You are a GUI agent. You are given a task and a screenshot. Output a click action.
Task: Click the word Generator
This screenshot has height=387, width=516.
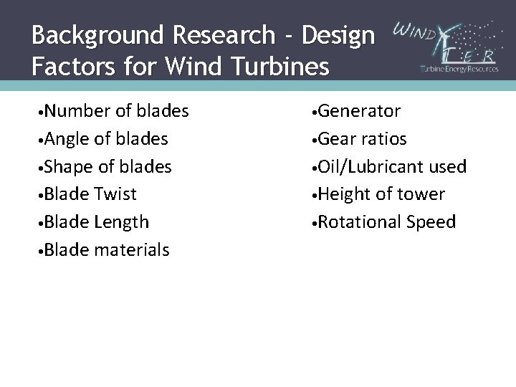[360, 111]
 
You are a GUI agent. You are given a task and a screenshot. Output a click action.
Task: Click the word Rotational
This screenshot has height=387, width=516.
[363, 221]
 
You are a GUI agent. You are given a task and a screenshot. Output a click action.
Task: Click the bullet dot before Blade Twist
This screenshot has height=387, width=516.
[43, 194]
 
